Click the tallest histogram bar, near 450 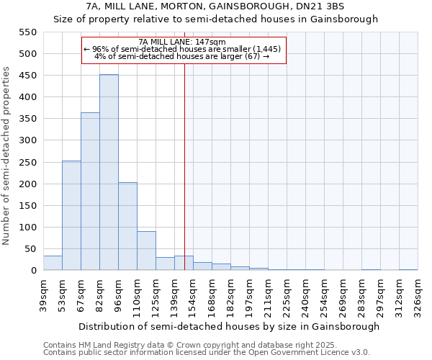pos(109,173)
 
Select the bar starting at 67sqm pos(90,192)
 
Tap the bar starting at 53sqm pos(71,216)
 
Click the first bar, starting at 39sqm pos(53,263)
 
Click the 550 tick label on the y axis pos(27,32)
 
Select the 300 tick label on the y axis pos(27,140)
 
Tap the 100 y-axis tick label pos(27,228)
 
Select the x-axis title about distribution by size pos(229,326)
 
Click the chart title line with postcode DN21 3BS pos(215,6)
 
